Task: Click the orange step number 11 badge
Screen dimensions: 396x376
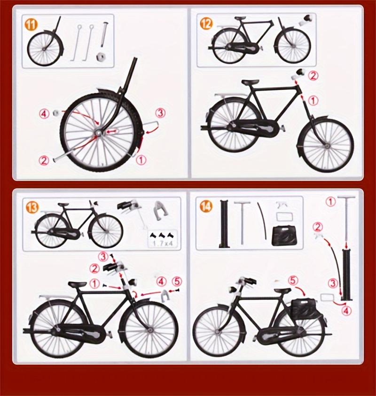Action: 32,24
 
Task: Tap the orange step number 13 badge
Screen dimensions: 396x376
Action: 32,206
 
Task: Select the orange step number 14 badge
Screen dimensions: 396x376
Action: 206,206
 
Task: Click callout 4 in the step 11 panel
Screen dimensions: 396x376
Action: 44,113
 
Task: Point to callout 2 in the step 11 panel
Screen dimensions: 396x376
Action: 44,160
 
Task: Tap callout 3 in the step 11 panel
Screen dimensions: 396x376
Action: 160,113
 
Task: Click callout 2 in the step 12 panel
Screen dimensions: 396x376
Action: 313,75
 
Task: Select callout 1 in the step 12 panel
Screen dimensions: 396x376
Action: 313,100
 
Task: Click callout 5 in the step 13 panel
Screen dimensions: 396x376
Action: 177,282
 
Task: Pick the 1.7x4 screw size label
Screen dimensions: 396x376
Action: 161,243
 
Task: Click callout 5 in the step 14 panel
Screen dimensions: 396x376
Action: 293,280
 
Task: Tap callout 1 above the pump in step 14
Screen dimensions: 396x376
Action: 330,202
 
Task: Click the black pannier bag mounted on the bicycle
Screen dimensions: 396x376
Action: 303,307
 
